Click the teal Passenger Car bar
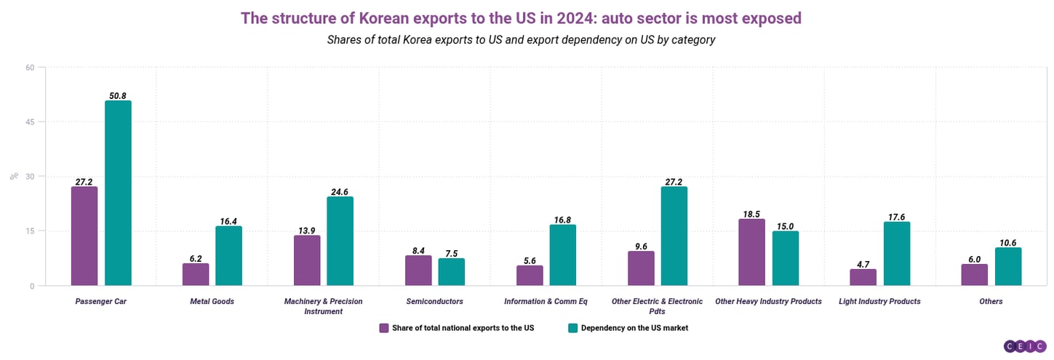click(x=118, y=193)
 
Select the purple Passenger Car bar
click(x=84, y=236)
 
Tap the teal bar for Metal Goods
click(x=228, y=256)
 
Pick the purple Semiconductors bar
click(x=418, y=271)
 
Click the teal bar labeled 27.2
click(x=674, y=236)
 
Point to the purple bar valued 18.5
click(x=751, y=252)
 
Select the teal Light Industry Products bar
click(x=897, y=254)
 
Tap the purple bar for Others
click(x=975, y=275)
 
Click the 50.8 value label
click(x=118, y=95)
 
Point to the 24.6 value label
click(x=340, y=191)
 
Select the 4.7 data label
click(x=863, y=264)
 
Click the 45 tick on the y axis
click(x=30, y=122)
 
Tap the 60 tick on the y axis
click(x=30, y=68)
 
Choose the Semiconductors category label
click(x=435, y=301)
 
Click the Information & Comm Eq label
click(x=546, y=301)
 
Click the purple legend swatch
click(x=384, y=328)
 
